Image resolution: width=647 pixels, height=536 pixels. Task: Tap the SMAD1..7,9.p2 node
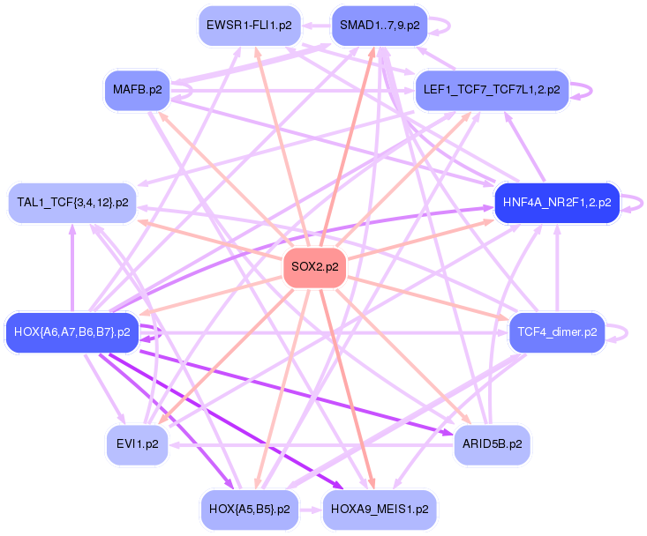point(379,26)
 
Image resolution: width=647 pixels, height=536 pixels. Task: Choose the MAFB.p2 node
point(137,89)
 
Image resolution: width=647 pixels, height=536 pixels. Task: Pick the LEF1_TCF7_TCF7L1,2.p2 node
point(491,90)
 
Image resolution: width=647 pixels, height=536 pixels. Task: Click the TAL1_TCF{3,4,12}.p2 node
point(72,203)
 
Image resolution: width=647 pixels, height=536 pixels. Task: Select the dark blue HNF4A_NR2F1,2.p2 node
point(556,203)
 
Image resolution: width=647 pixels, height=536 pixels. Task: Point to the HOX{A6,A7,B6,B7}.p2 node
point(72,332)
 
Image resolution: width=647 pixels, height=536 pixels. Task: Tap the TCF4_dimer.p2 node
point(557,332)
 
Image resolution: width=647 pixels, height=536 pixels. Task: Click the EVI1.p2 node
point(137,444)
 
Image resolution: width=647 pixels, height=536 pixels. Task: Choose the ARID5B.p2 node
point(492,443)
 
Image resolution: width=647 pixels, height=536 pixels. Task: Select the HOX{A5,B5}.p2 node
point(250,510)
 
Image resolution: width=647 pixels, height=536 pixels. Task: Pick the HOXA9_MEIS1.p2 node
point(380,510)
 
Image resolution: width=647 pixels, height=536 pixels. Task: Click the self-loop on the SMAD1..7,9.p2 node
point(447,26)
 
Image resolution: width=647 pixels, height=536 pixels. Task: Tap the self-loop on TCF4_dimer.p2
point(626,332)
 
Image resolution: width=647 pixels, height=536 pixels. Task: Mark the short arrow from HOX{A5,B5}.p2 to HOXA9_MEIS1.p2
point(312,510)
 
